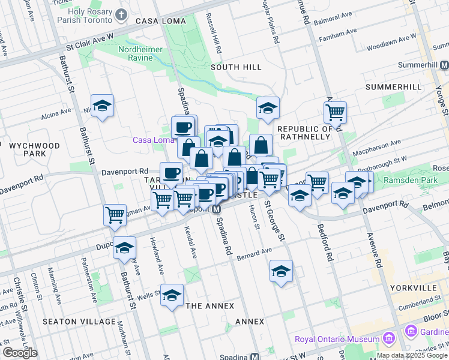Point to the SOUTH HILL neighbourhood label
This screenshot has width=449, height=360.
(x=234, y=67)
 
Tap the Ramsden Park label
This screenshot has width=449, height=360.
(x=418, y=180)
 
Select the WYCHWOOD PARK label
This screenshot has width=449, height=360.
(x=34, y=149)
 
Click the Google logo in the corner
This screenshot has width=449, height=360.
(x=20, y=353)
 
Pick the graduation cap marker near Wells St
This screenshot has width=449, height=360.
(x=172, y=295)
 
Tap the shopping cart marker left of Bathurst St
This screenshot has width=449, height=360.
(x=115, y=214)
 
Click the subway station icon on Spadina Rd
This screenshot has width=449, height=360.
(x=217, y=210)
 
